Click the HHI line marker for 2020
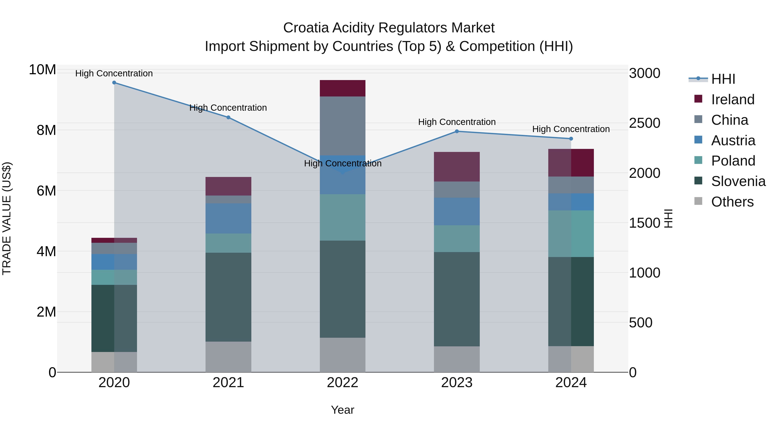114,83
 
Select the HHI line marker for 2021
228,117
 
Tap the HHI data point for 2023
457,131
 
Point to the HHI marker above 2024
571,139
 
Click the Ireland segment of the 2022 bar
343,88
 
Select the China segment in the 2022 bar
343,126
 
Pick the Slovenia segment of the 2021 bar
228,297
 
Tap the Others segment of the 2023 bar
457,359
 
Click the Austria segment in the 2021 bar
228,218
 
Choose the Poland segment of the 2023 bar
457,238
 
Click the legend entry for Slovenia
738,181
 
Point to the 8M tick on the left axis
46,130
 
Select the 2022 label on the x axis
343,383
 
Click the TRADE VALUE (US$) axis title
7,218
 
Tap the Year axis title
343,410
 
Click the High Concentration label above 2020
114,73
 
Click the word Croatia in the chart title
306,28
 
